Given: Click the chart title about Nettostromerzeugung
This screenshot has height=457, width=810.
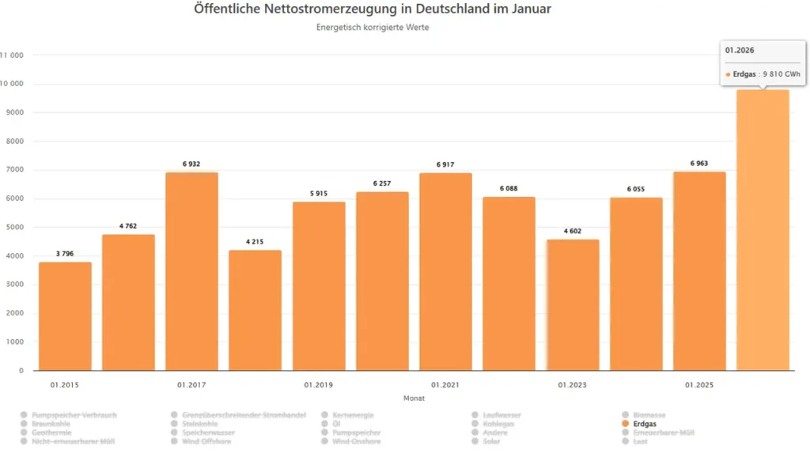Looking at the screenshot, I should coord(372,9).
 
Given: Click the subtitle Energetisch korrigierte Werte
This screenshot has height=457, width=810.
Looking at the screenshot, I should coord(372,28).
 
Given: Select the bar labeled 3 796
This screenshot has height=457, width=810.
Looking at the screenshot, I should coord(65,316).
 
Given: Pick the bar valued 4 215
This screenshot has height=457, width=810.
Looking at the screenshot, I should coord(255,310).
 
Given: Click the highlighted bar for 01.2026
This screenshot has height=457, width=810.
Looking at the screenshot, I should coord(763,230).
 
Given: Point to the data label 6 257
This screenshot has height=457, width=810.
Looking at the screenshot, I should coord(382,183).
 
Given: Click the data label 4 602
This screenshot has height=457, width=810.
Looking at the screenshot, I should coord(573,231).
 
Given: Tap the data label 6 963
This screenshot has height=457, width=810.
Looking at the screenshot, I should coord(699,164).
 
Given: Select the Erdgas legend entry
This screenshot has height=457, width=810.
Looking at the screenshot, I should coord(645,424).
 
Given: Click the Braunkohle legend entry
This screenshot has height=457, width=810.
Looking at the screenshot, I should coord(51,424).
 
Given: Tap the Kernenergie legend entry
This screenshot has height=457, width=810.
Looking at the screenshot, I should coord(353,415).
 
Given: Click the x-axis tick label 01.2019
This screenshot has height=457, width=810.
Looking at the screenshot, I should coord(318,385).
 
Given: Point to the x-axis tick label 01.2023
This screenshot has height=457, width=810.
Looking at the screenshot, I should coord(572,385).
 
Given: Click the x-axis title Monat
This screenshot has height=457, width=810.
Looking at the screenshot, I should coord(414,398).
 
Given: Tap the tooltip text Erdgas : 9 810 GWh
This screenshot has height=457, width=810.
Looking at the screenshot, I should coord(761,74).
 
